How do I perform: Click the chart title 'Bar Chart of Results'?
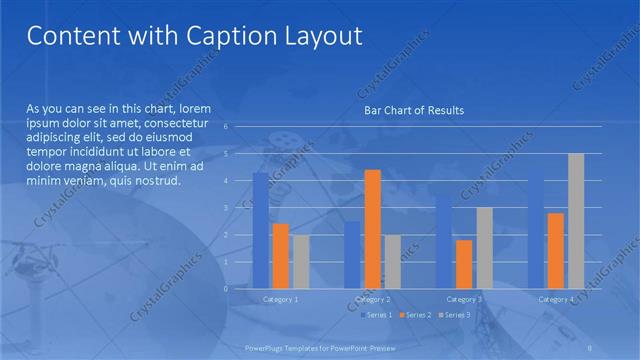tap(413, 110)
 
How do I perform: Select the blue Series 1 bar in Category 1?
tap(260, 230)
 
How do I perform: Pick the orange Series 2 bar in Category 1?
tap(281, 256)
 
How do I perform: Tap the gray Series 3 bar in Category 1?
tap(301, 261)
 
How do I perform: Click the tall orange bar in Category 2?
tap(372, 229)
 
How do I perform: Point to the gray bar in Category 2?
tap(392, 261)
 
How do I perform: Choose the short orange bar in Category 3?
tap(464, 264)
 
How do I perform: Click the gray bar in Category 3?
tap(484, 247)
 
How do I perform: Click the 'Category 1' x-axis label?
tap(281, 299)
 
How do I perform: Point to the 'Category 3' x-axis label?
tap(464, 299)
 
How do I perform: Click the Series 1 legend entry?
tap(376, 315)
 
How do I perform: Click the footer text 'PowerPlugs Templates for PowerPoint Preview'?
tap(319, 348)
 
